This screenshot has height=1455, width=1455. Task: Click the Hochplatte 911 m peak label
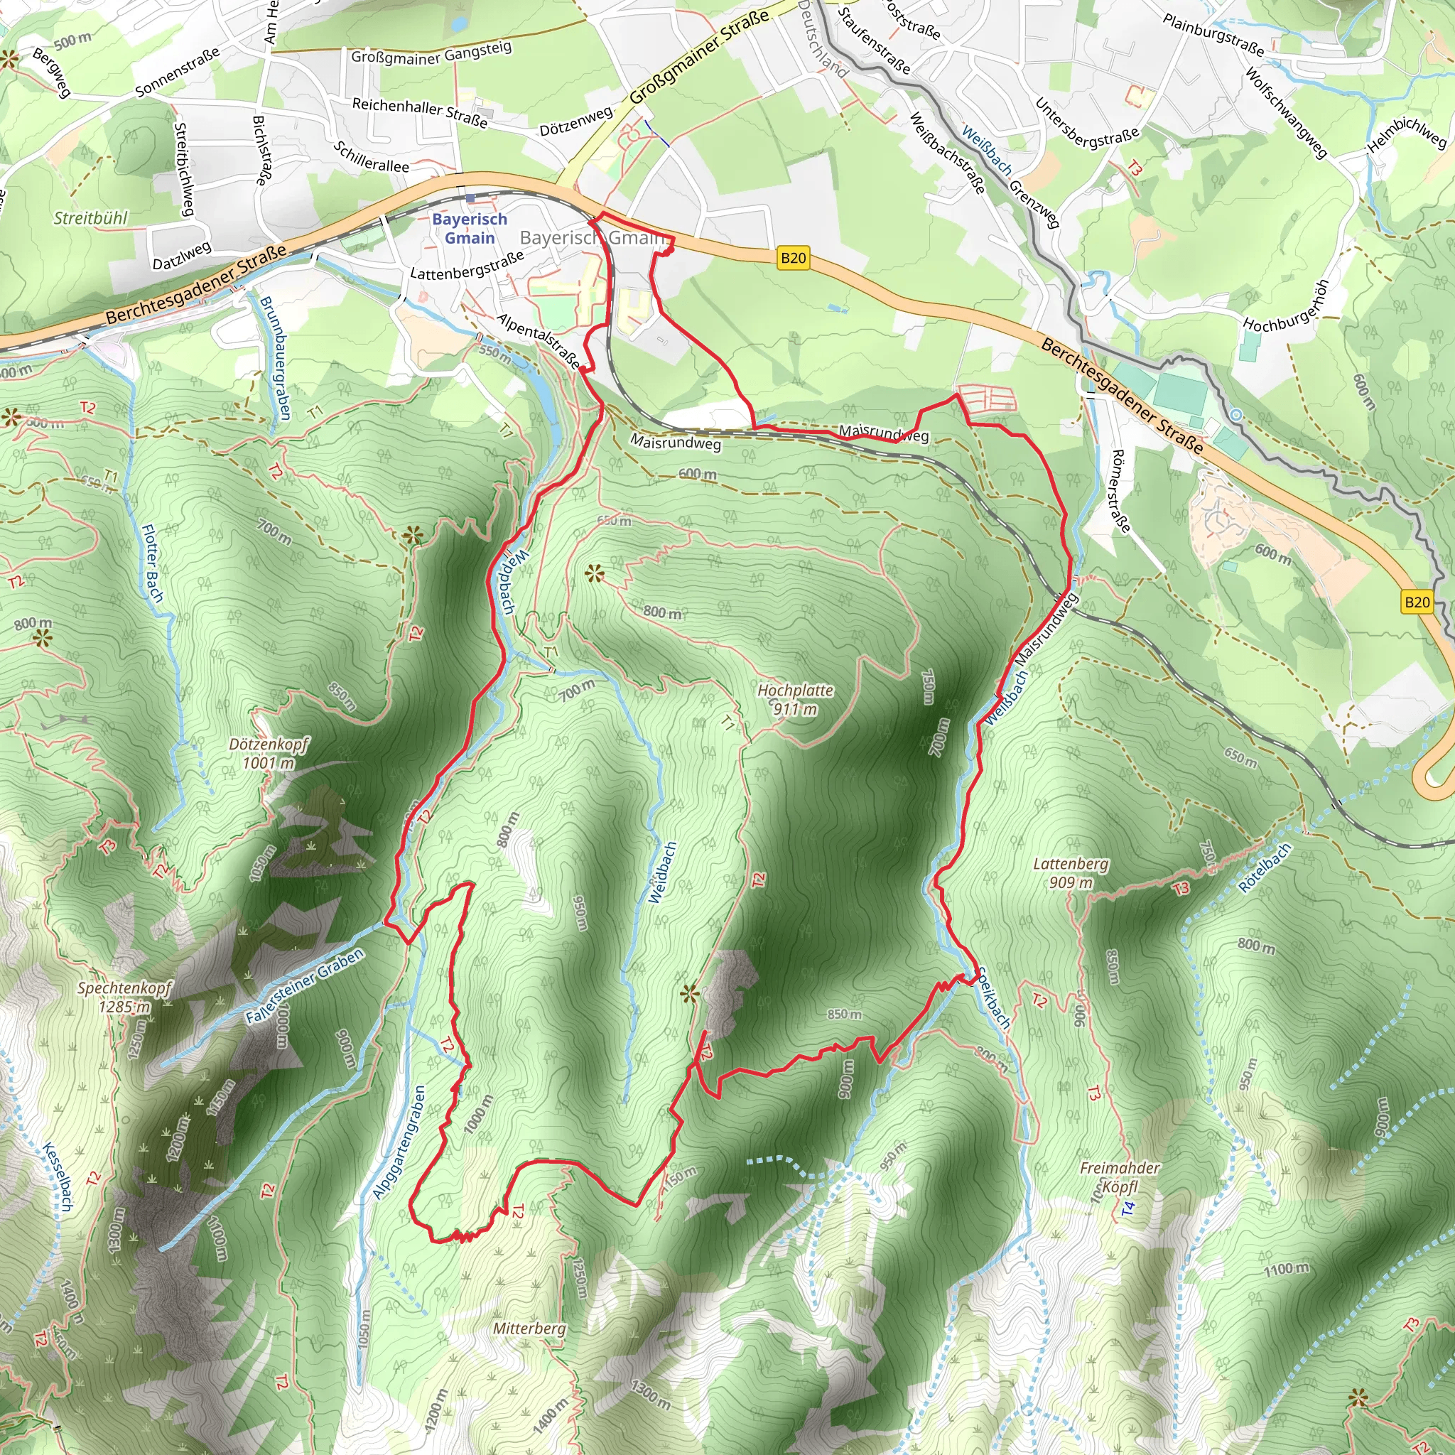point(795,699)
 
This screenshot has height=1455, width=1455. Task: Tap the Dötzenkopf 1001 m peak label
point(269,753)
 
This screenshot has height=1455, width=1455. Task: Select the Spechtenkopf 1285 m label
point(124,996)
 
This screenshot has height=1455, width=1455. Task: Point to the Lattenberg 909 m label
point(1070,872)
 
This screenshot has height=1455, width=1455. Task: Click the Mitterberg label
point(529,1328)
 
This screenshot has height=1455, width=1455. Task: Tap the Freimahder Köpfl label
point(1120,1177)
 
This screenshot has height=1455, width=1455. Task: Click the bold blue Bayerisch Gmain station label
point(469,228)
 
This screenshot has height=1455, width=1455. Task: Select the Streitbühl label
point(90,218)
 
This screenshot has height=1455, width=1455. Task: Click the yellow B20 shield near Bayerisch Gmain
point(793,259)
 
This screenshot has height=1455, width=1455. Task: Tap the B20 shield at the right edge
point(1417,602)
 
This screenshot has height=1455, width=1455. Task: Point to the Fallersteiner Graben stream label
point(305,985)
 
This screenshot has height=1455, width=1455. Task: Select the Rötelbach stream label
point(1265,867)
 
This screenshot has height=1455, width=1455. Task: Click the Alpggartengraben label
point(399,1141)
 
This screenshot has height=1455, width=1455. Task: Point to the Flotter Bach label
point(152,563)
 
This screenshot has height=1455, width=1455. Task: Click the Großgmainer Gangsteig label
point(431,53)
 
